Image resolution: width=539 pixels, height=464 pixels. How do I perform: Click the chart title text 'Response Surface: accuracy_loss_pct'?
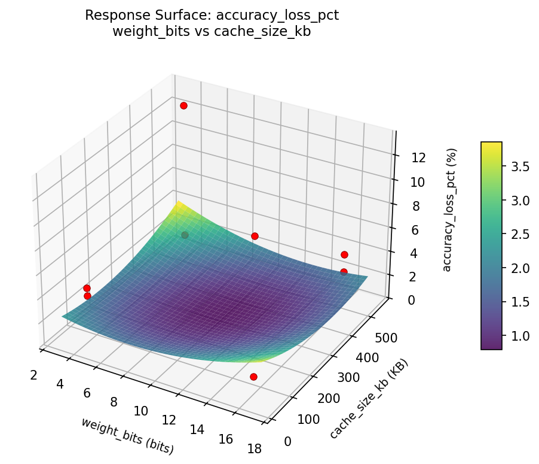click(x=212, y=16)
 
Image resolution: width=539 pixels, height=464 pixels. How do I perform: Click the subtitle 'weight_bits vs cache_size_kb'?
click(x=212, y=31)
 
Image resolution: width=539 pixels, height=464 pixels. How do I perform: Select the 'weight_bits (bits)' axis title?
click(x=127, y=435)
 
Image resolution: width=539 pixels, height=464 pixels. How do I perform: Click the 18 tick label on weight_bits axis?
click(x=254, y=449)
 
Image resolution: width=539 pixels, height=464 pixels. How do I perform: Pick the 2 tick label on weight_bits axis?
click(x=34, y=375)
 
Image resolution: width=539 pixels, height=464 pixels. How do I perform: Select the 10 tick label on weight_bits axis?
click(x=141, y=411)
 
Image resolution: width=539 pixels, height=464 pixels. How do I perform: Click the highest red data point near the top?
click(x=183, y=105)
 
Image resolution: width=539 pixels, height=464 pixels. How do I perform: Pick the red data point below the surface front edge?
click(x=253, y=377)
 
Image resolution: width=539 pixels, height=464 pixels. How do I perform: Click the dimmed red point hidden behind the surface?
click(x=185, y=235)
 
